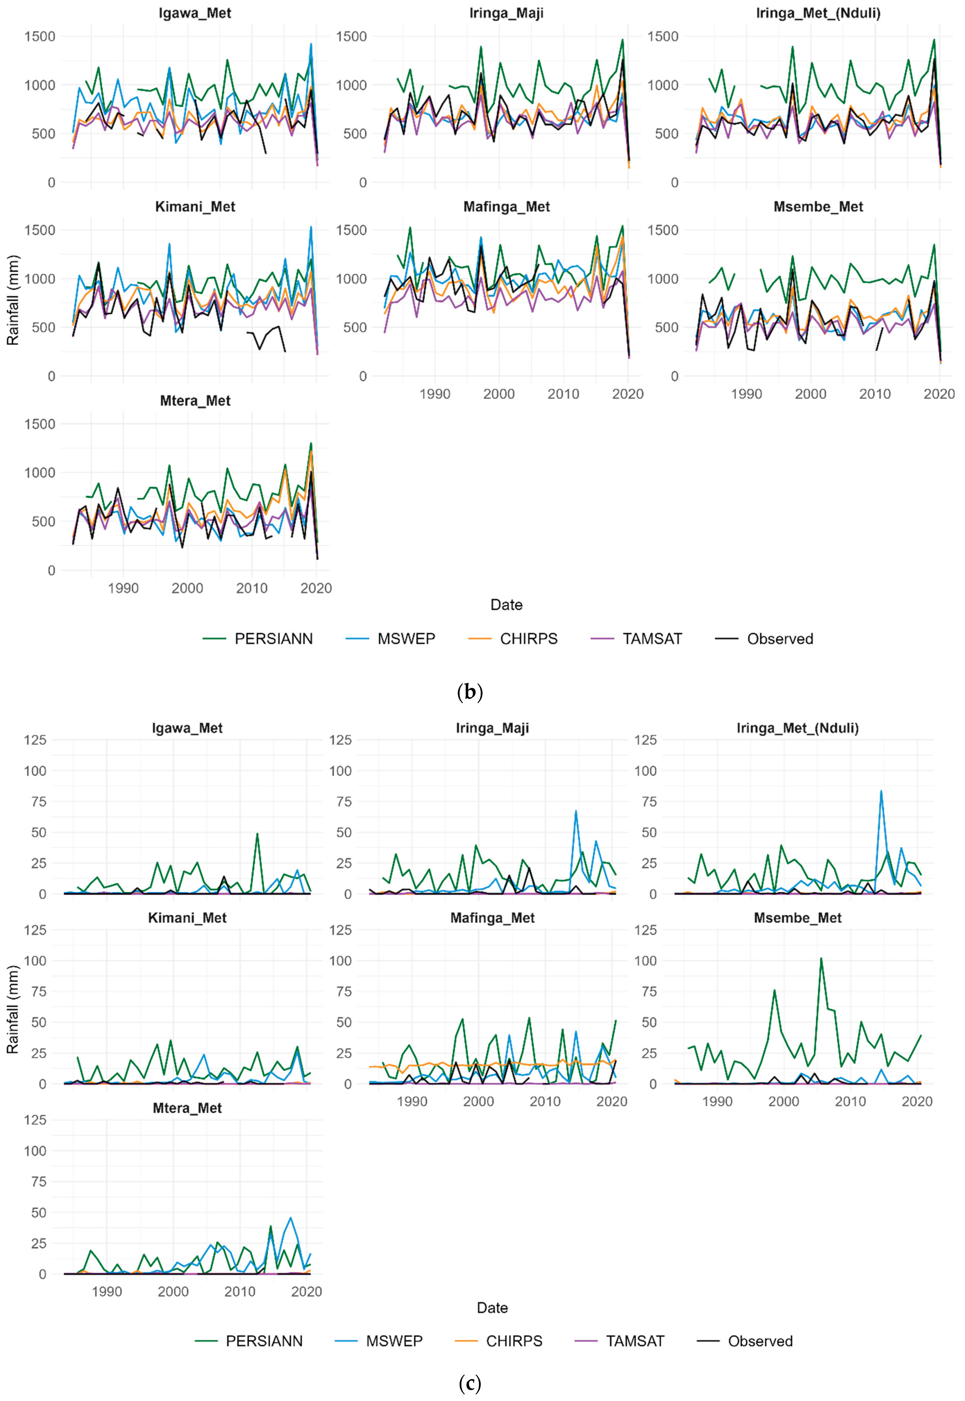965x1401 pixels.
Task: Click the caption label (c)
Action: (470, 1383)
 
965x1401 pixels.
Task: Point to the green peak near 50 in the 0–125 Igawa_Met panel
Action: (257, 834)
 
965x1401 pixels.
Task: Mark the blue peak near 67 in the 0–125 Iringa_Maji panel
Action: (576, 811)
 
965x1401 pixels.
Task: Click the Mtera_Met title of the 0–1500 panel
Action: (195, 401)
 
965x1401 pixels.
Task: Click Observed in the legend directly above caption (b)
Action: (780, 639)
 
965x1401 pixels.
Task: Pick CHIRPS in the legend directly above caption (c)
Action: (514, 1341)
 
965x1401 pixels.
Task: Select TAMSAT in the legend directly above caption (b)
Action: (652, 639)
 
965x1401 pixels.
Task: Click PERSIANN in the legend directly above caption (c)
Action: (264, 1341)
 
